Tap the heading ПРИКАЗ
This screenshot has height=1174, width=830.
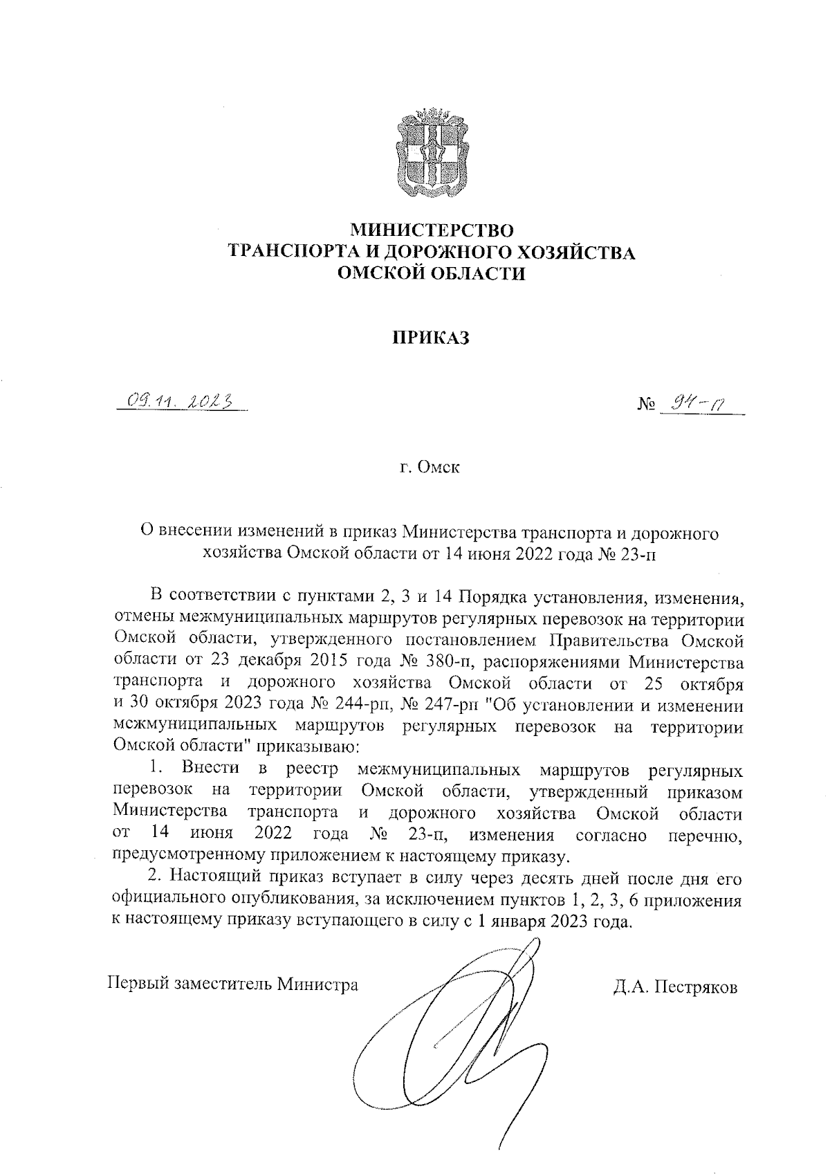tap(431, 338)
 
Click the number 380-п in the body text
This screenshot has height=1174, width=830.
tap(439, 663)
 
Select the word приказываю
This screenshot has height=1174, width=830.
tap(311, 748)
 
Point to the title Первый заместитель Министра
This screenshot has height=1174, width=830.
tap(233, 984)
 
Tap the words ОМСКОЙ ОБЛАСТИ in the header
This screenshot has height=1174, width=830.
tap(431, 274)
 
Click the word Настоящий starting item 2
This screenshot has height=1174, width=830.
tap(215, 879)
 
